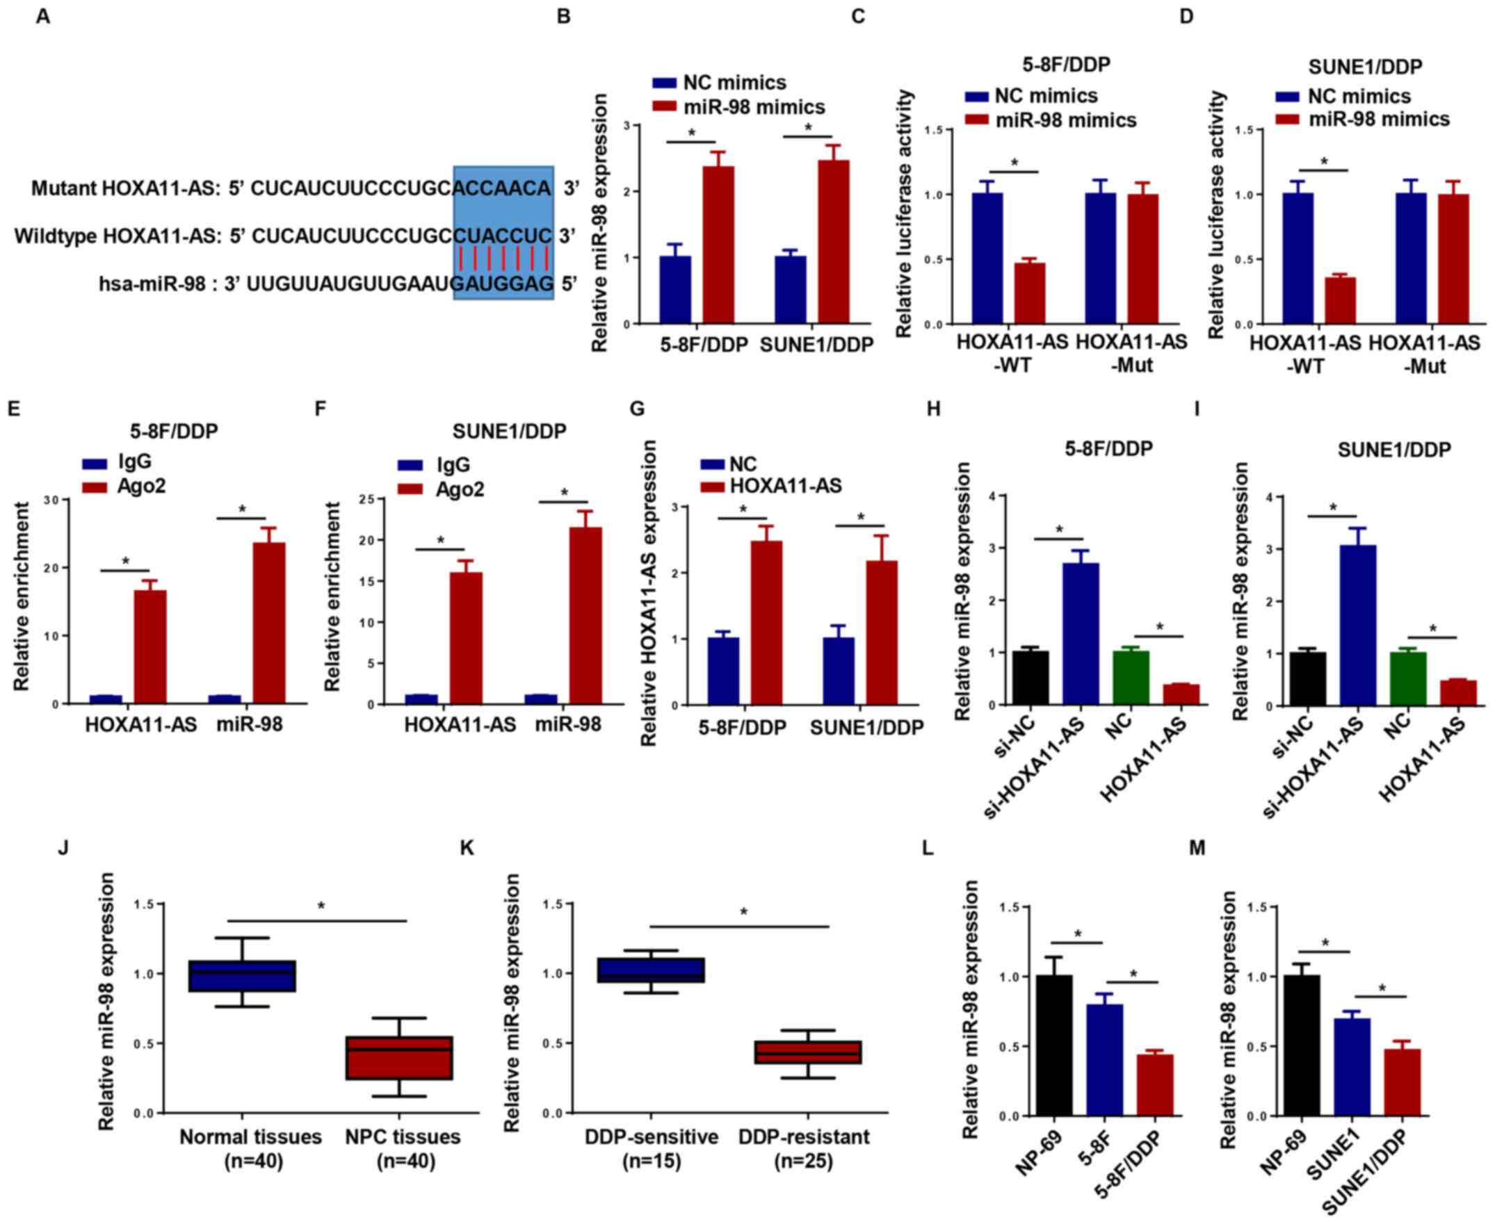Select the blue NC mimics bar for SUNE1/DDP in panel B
tap(790, 290)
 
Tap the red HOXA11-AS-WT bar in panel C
tap(1030, 293)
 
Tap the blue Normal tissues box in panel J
tap(242, 976)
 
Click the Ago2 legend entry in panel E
tap(141, 486)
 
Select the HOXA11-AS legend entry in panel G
tap(785, 486)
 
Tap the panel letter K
tap(467, 848)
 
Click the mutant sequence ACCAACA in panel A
tap(502, 188)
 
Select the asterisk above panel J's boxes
tap(321, 908)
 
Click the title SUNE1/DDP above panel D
tap(1365, 67)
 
